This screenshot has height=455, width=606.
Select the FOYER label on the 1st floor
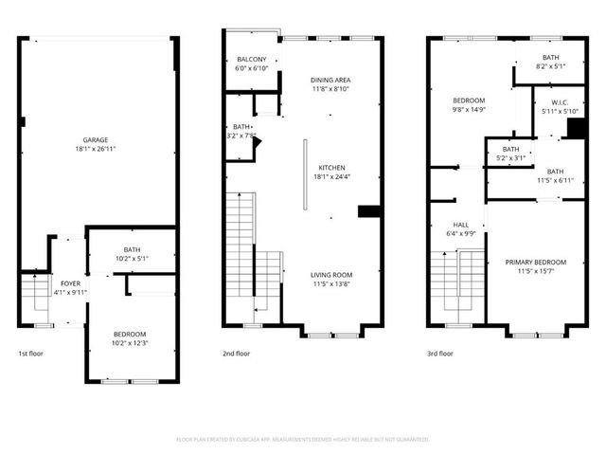pos(71,283)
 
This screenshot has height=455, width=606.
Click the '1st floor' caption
pos(30,354)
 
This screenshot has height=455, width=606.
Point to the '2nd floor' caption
pos(236,354)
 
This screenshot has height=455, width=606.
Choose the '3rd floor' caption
pos(440,354)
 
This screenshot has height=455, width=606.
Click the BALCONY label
pos(251,59)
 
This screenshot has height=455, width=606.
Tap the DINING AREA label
pos(330,80)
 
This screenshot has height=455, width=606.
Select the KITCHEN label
pos(330,166)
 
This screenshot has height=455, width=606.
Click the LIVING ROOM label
pos(330,275)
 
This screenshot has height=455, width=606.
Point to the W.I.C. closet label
pos(550,103)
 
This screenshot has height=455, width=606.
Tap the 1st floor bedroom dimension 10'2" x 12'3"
pos(130,343)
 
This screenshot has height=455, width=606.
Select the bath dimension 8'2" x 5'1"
pos(550,66)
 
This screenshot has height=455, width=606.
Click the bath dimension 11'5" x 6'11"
pos(554,180)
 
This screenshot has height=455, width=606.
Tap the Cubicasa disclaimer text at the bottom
pos(303,440)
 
